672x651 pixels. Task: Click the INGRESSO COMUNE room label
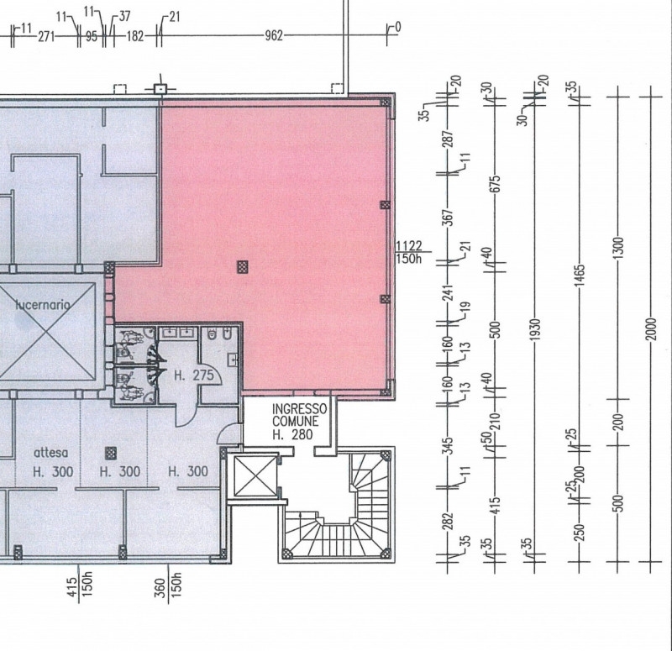coord(299,415)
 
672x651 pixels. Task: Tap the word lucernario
coord(43,305)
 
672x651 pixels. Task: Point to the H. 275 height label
coord(194,375)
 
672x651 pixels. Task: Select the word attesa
coord(51,453)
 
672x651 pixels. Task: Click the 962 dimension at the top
coord(274,35)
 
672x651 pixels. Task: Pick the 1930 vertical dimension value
coord(535,330)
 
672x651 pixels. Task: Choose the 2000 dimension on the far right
coord(650,329)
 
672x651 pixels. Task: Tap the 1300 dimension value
coord(618,247)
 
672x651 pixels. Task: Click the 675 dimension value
coord(496,184)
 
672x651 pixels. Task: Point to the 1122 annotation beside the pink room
coord(409,245)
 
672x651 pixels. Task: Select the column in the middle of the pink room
coord(243,267)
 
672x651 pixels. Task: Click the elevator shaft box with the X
coord(255,475)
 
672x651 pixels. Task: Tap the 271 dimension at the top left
coord(46,36)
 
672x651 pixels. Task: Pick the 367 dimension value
coord(448,218)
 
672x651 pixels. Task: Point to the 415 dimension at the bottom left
coord(71,587)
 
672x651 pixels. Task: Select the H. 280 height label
coord(292,435)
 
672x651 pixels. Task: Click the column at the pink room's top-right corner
coord(386,102)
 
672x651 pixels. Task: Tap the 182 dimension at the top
coord(135,36)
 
